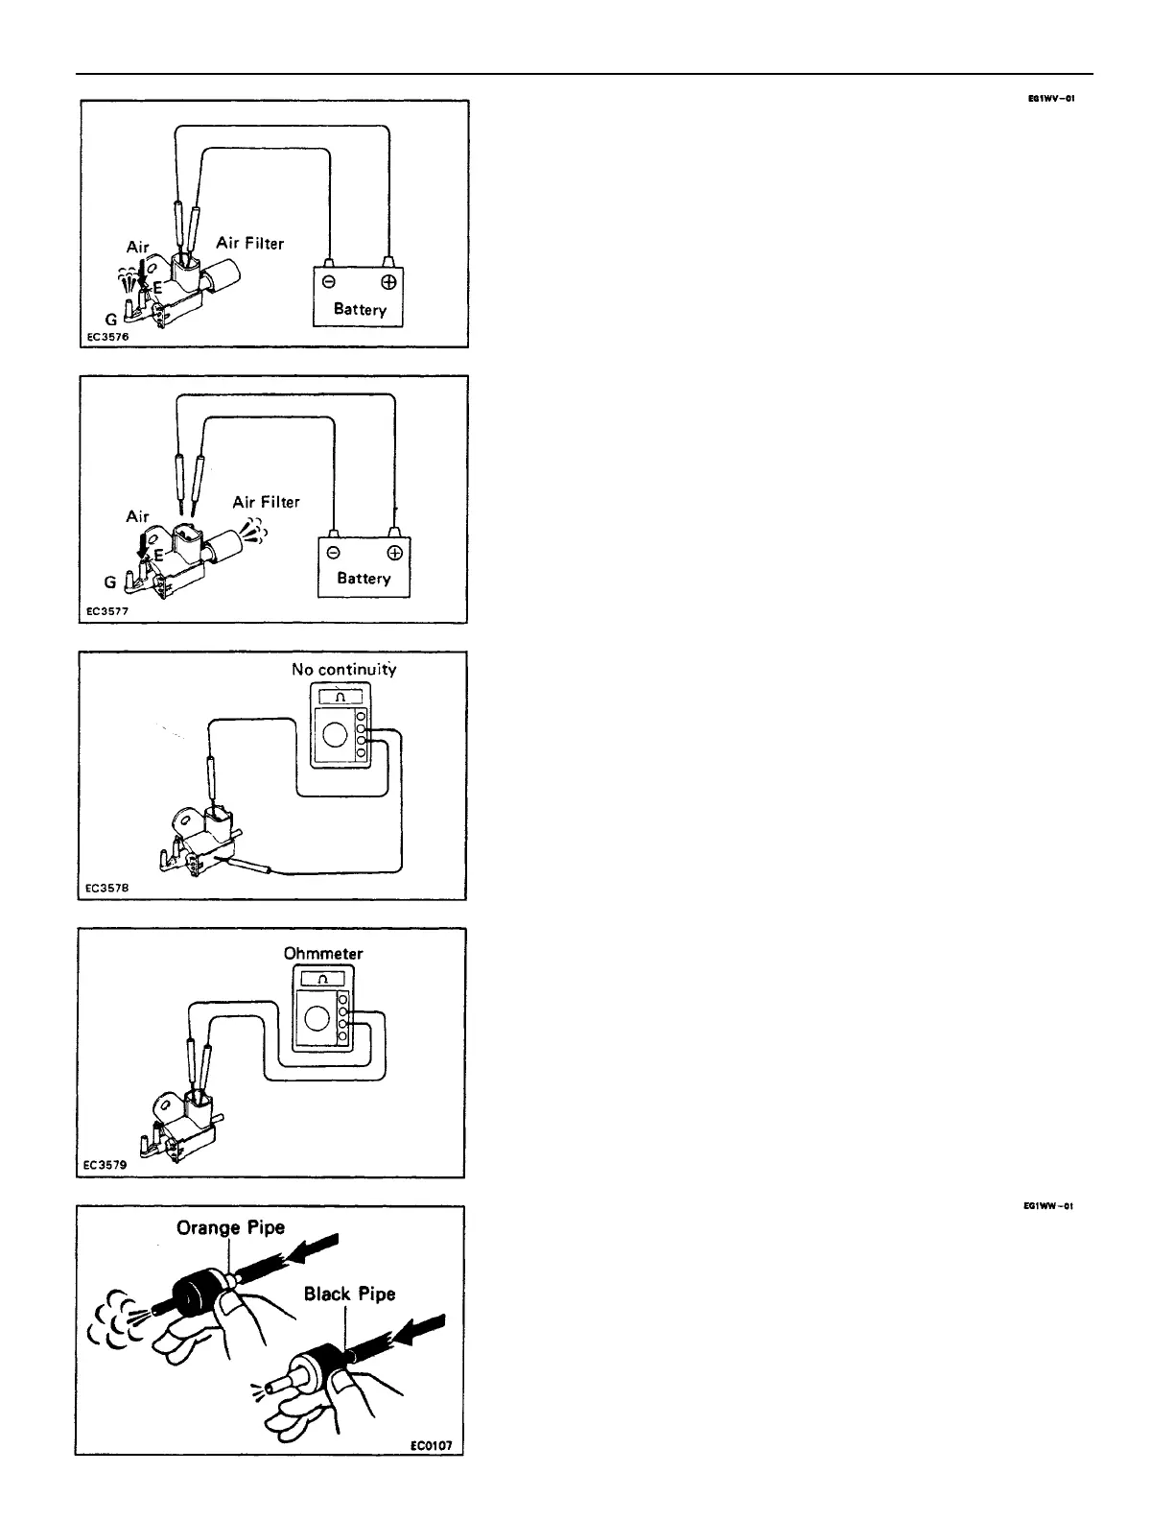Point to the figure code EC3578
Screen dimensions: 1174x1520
click(x=106, y=888)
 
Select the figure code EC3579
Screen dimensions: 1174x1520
click(x=106, y=1167)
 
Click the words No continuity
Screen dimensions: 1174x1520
click(x=343, y=670)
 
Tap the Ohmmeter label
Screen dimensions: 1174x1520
click(x=323, y=954)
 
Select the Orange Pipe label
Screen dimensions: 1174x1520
click(x=230, y=1228)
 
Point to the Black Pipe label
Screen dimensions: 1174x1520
click(x=349, y=1294)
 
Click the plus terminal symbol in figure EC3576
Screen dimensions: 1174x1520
click(x=389, y=283)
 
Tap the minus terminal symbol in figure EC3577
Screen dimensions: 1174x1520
click(x=333, y=553)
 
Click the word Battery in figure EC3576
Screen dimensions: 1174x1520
click(x=360, y=310)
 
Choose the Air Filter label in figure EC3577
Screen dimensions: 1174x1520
click(x=266, y=502)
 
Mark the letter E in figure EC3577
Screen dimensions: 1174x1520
click(x=159, y=555)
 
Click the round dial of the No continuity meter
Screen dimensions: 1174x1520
click(x=335, y=734)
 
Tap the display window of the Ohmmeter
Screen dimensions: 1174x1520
click(x=322, y=979)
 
